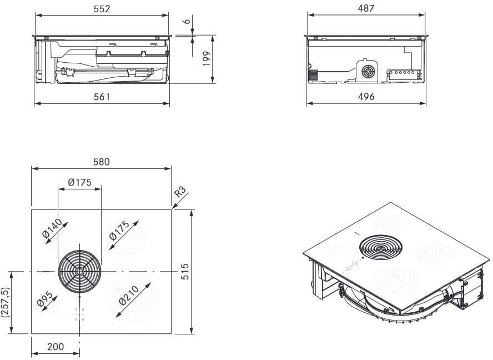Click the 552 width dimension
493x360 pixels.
[x=102, y=9]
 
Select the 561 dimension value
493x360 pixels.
[x=102, y=97]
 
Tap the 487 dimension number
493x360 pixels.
[x=366, y=9]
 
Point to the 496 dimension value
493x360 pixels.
[x=366, y=97]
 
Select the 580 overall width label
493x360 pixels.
[x=102, y=162]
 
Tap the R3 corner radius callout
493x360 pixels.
[x=180, y=193]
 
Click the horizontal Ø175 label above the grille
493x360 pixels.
[x=80, y=182]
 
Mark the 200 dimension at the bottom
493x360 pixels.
[x=56, y=347]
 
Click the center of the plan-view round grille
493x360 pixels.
[x=80, y=271]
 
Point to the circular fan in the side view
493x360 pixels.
[x=368, y=72]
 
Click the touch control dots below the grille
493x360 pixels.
[x=80, y=314]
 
